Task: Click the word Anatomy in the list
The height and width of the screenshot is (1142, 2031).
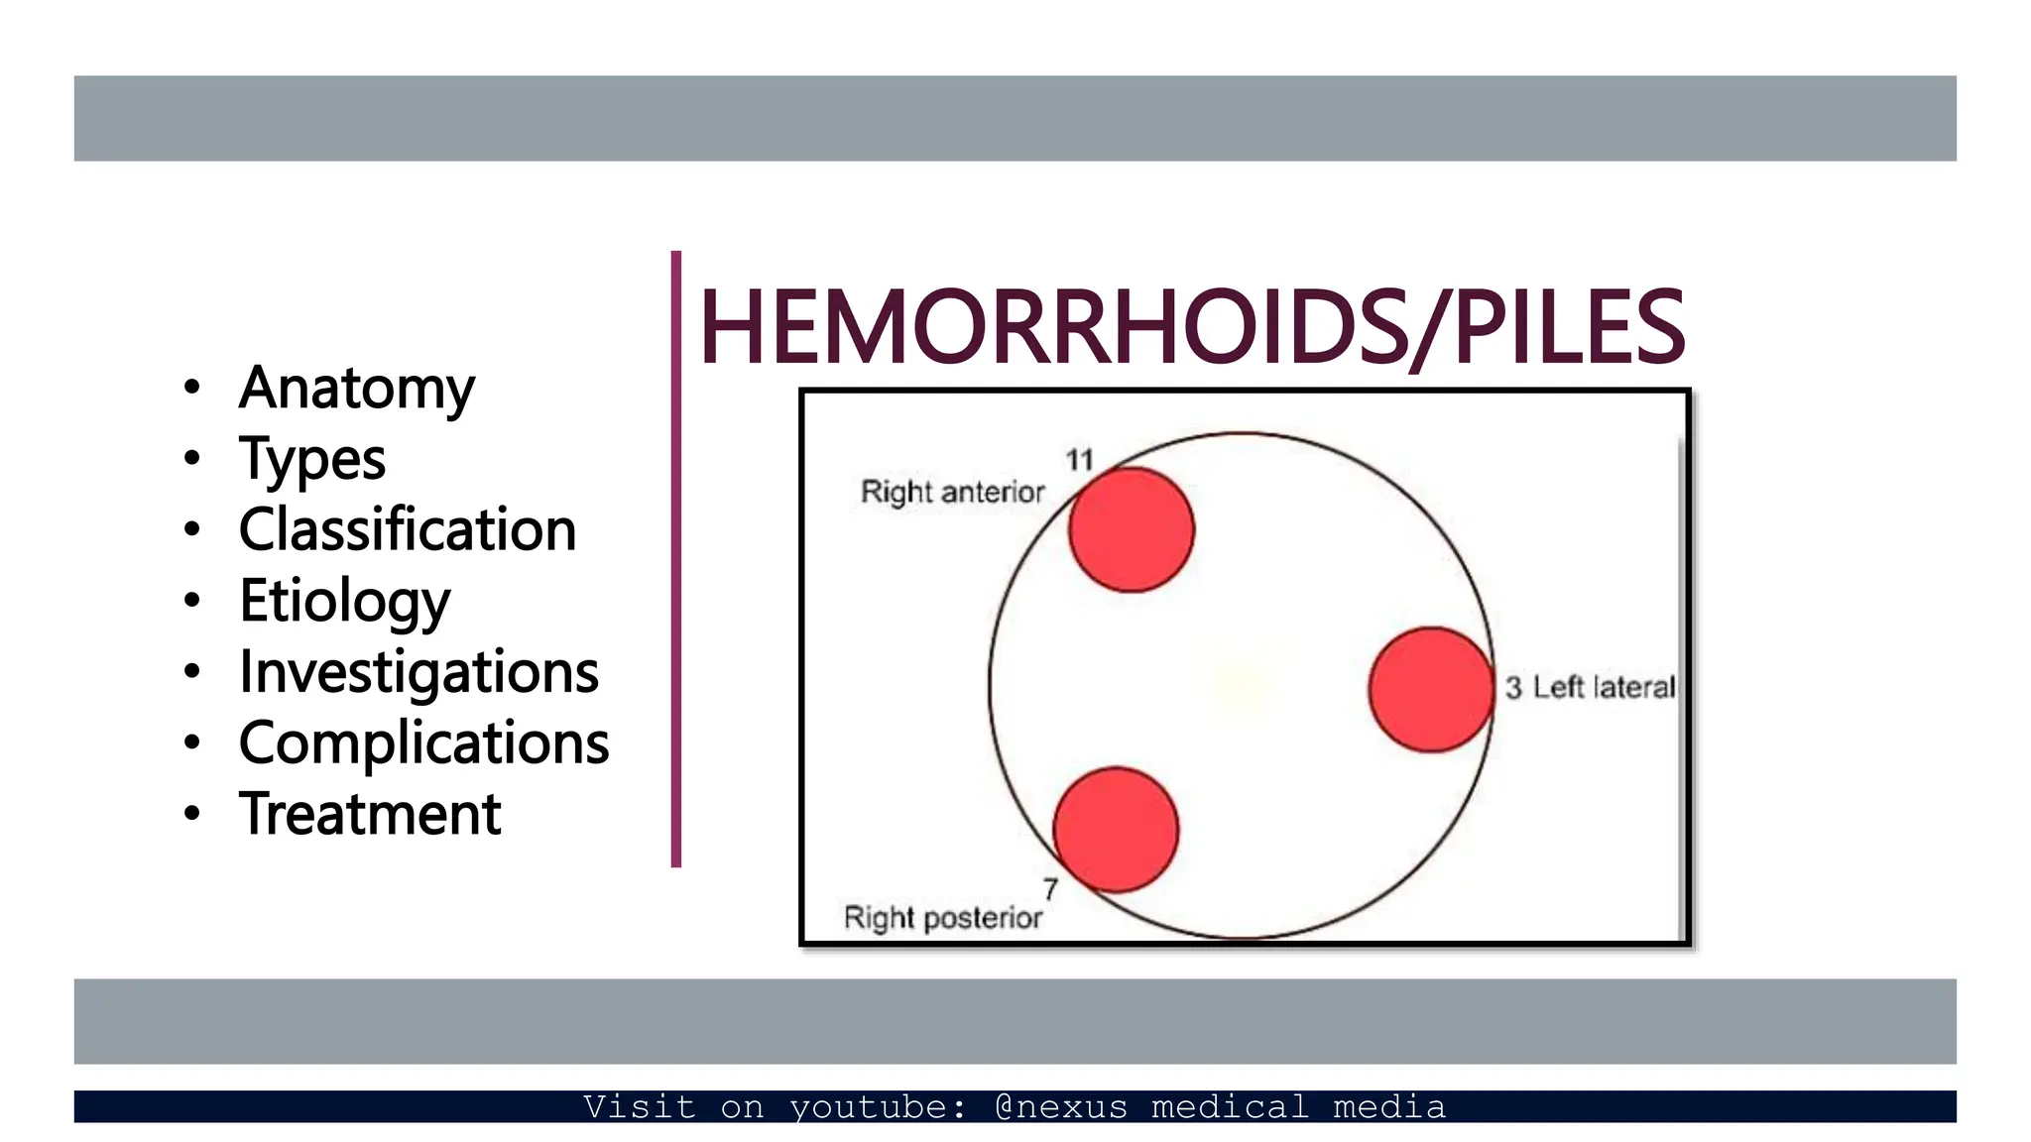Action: click(357, 388)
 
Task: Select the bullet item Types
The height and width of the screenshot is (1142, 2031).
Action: click(312, 459)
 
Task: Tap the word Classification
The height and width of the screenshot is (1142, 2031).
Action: click(408, 529)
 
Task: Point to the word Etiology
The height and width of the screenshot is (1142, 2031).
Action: click(345, 601)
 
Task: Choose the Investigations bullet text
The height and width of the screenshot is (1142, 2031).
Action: click(418, 671)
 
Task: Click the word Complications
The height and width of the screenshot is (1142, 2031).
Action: click(423, 742)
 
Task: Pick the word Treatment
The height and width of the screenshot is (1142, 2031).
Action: click(370, 814)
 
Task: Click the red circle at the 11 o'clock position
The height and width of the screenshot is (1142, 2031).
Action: click(1132, 530)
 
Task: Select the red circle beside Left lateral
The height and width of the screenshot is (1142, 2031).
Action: click(1431, 690)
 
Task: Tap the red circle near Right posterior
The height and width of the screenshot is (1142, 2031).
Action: click(1116, 830)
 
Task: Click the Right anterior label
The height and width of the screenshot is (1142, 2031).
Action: click(952, 492)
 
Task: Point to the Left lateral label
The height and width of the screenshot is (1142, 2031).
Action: click(1604, 687)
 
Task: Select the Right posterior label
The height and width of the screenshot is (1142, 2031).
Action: click(942, 918)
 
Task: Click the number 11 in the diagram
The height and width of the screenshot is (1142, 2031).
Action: click(1079, 460)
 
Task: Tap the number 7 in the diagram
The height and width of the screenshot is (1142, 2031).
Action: click(1050, 889)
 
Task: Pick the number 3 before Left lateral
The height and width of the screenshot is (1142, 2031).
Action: click(1513, 687)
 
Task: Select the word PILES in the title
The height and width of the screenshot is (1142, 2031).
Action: click(1569, 327)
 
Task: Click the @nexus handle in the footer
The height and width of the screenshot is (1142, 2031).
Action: click(1061, 1106)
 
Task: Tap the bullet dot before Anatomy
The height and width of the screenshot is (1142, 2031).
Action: click(192, 388)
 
